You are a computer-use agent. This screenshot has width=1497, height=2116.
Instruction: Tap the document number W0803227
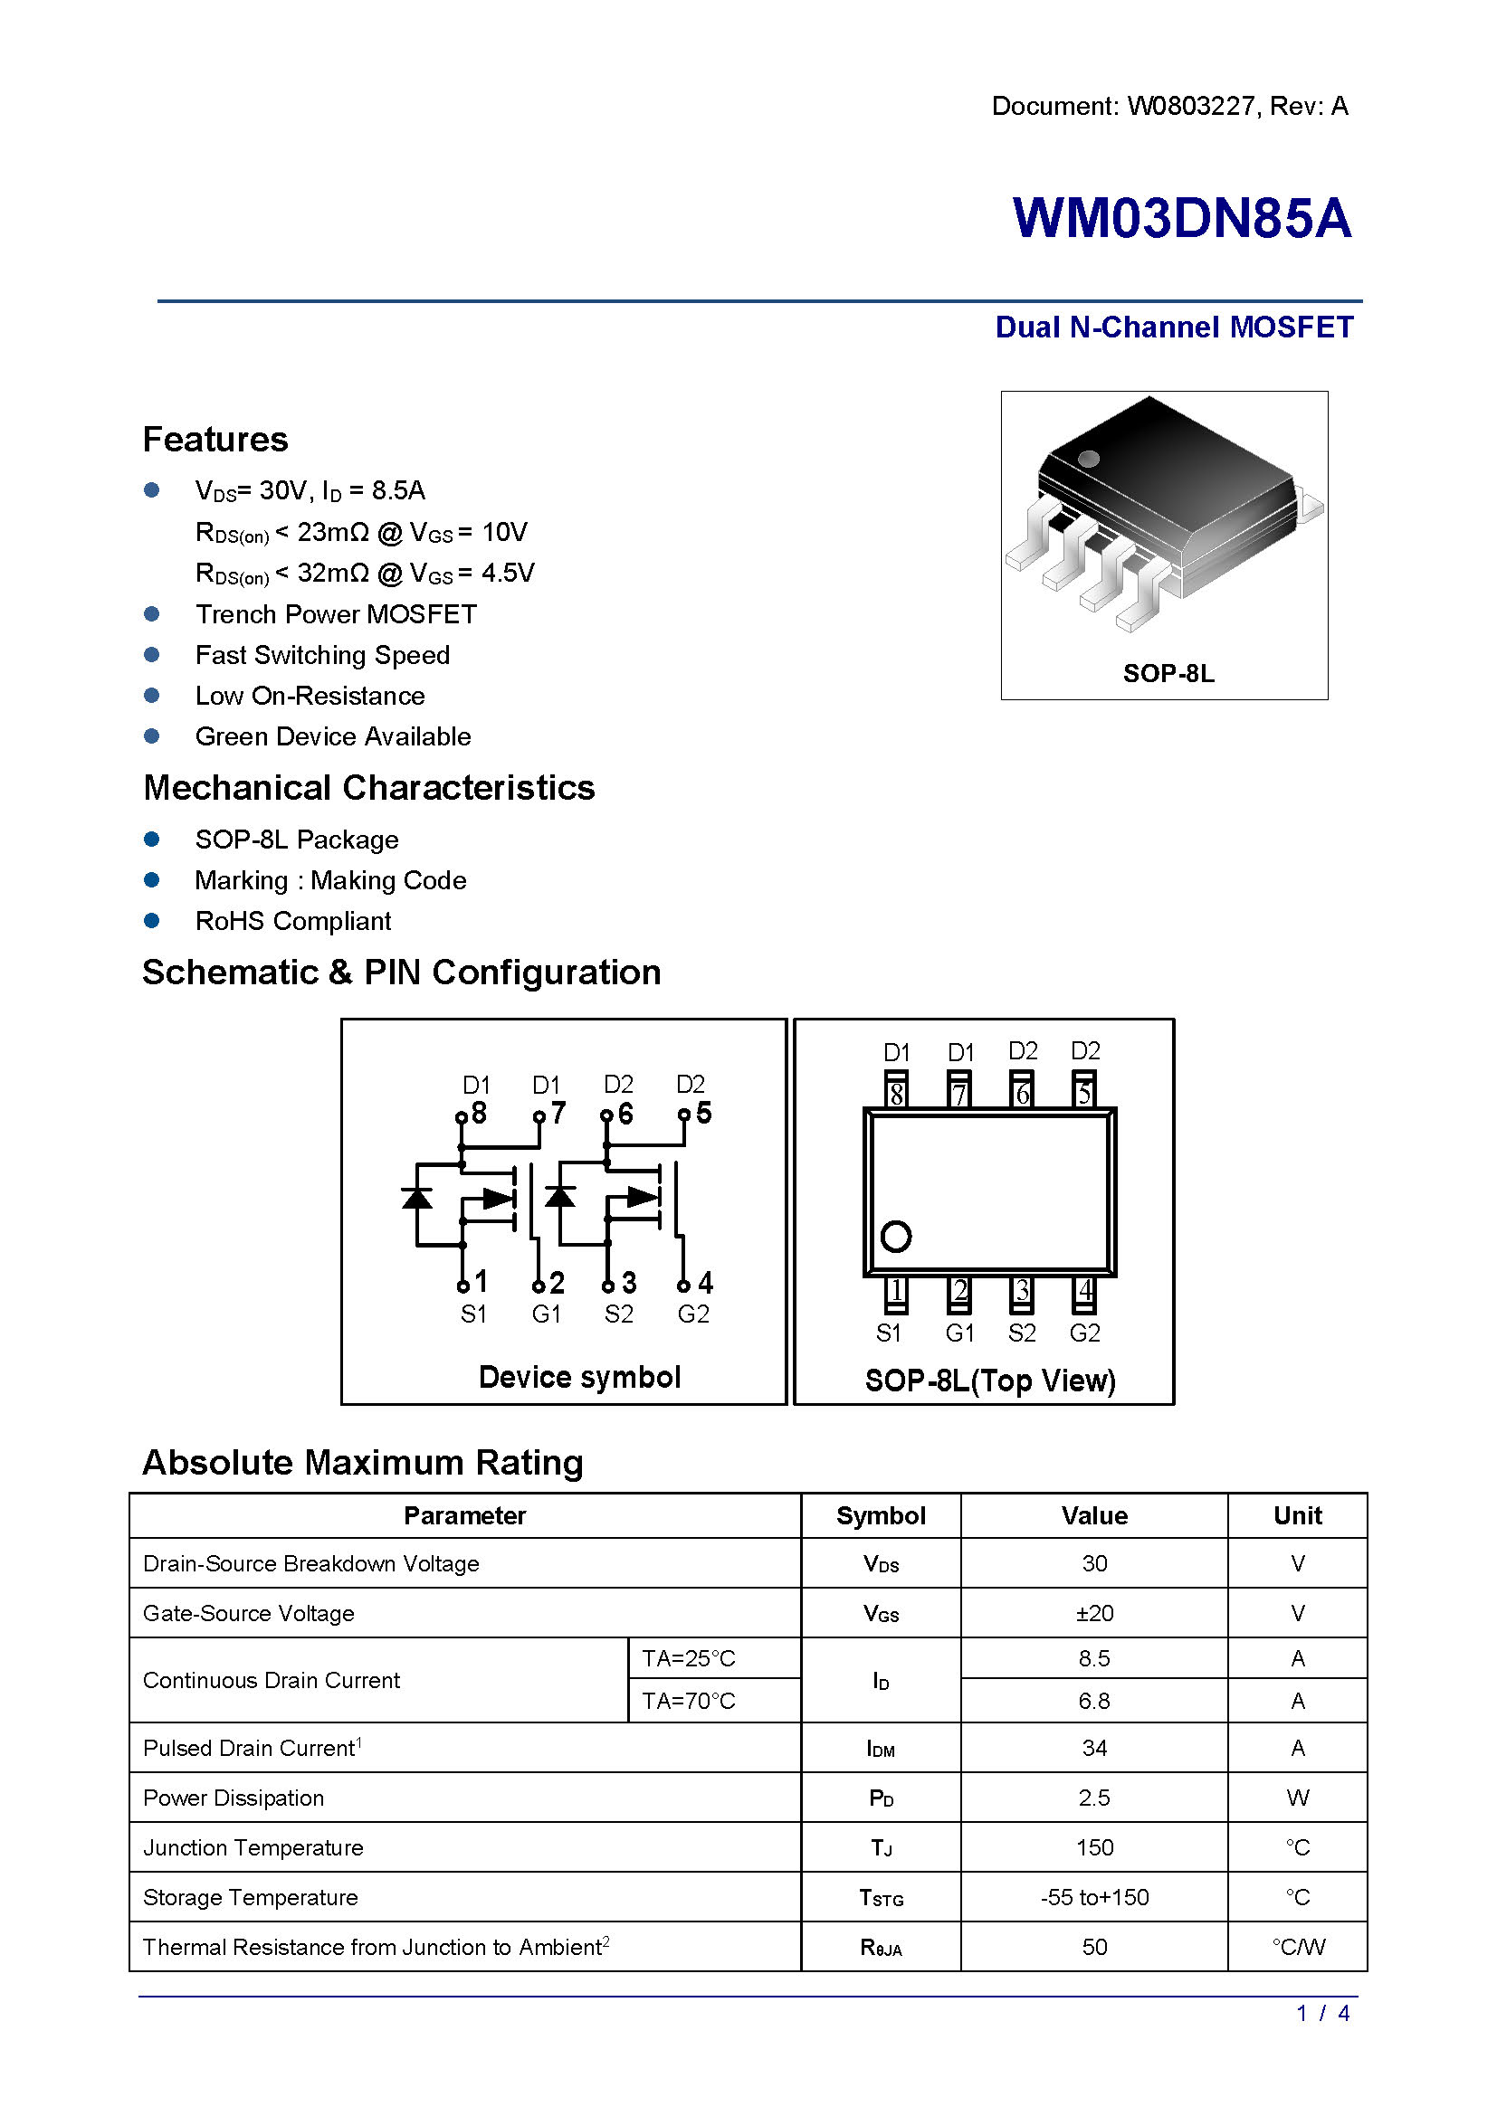click(1190, 106)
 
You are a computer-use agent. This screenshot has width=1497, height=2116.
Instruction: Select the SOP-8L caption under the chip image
click(1168, 673)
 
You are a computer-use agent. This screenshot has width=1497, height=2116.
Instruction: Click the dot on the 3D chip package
click(1089, 458)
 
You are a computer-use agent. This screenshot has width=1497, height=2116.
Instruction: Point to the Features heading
click(215, 440)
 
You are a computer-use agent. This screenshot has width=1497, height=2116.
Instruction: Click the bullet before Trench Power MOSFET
click(152, 613)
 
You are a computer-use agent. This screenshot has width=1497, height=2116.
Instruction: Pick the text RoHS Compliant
click(293, 921)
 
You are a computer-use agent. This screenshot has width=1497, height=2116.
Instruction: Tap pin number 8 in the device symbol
click(479, 1113)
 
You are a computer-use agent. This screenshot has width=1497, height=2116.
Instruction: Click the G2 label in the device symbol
click(693, 1314)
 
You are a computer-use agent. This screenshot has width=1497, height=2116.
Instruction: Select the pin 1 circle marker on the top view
click(896, 1236)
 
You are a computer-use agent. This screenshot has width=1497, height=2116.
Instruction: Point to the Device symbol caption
click(579, 1377)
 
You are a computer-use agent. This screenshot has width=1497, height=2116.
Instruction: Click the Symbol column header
click(881, 1516)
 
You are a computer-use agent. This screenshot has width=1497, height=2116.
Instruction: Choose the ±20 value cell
click(1094, 1613)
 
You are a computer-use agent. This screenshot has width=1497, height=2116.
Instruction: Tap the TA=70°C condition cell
click(689, 1701)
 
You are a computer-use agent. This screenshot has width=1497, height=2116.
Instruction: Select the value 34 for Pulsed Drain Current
click(1094, 1749)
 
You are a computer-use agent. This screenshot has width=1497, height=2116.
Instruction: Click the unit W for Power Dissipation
click(1297, 1798)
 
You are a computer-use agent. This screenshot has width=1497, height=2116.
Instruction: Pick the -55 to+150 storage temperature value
click(1094, 1898)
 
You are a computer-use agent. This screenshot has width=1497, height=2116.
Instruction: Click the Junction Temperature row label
click(253, 1848)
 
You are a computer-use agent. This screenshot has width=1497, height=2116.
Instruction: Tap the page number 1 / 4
click(1323, 2014)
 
